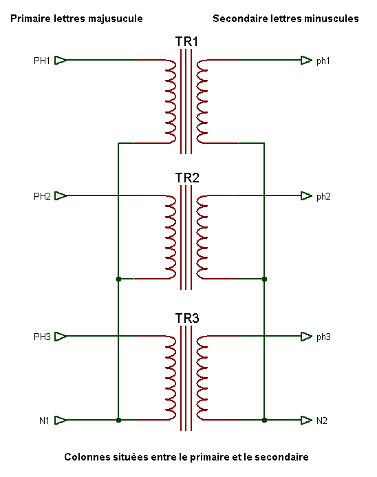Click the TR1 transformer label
186,42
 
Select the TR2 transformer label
187,178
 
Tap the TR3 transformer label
187,318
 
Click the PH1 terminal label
42,61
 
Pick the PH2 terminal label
42,196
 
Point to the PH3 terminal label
42,337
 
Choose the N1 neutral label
44,421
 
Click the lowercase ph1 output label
323,61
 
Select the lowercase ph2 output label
323,197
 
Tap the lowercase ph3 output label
323,337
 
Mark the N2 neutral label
322,421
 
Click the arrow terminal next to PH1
61,61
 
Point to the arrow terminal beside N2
306,420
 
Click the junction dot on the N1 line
118,420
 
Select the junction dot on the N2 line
264,420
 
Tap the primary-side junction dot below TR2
118,279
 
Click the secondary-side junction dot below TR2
264,279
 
